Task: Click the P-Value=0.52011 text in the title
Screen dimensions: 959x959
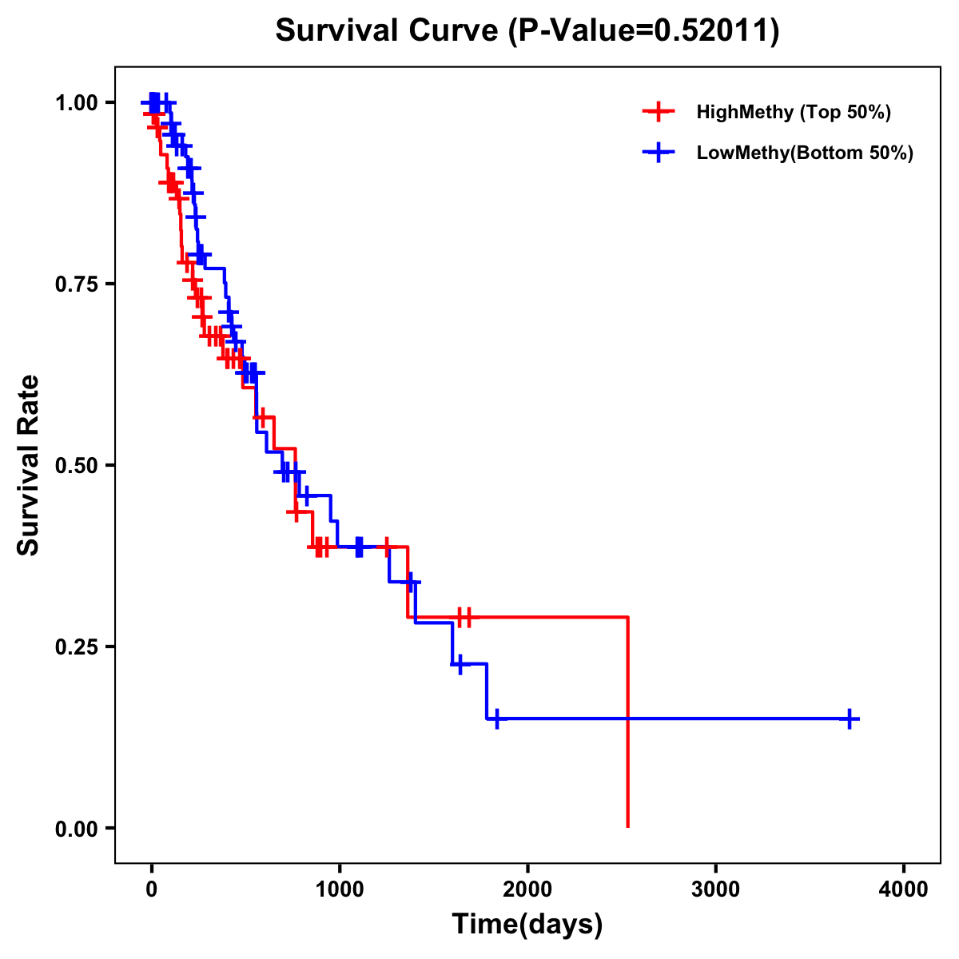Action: (x=644, y=31)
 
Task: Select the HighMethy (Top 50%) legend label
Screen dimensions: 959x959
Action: (x=793, y=112)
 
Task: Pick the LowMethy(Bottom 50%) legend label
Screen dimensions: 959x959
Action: (x=804, y=153)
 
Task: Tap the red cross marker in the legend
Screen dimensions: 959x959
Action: (x=658, y=112)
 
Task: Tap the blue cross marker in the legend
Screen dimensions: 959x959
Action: (x=658, y=153)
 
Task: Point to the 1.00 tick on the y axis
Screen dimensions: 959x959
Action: (x=76, y=103)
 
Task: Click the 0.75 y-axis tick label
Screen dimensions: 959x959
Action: (x=76, y=285)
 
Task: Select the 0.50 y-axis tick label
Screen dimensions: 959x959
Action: (x=76, y=466)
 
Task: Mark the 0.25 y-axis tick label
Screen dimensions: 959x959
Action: (x=76, y=647)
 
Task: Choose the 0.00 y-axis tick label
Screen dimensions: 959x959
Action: (x=76, y=829)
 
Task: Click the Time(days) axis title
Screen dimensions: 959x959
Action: (x=527, y=925)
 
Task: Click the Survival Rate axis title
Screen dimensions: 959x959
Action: (x=30, y=465)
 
